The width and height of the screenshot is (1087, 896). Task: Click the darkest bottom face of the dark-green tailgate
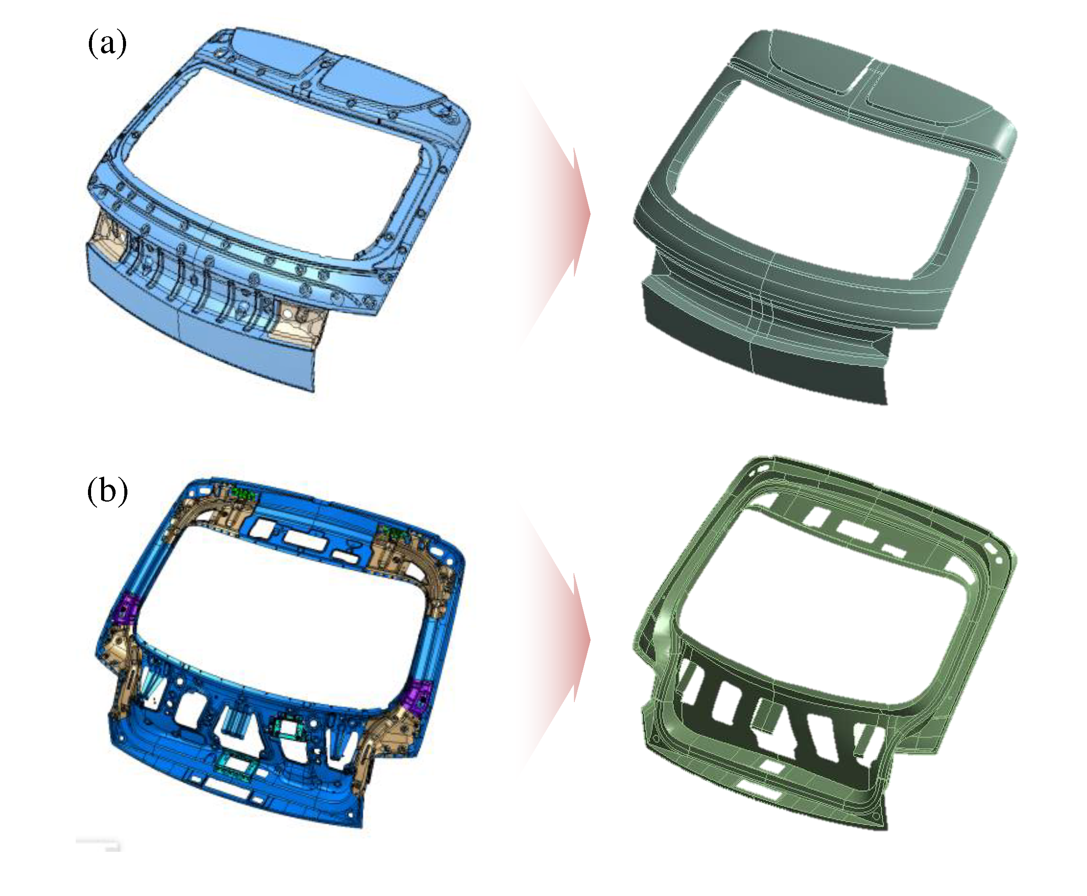pos(764,361)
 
